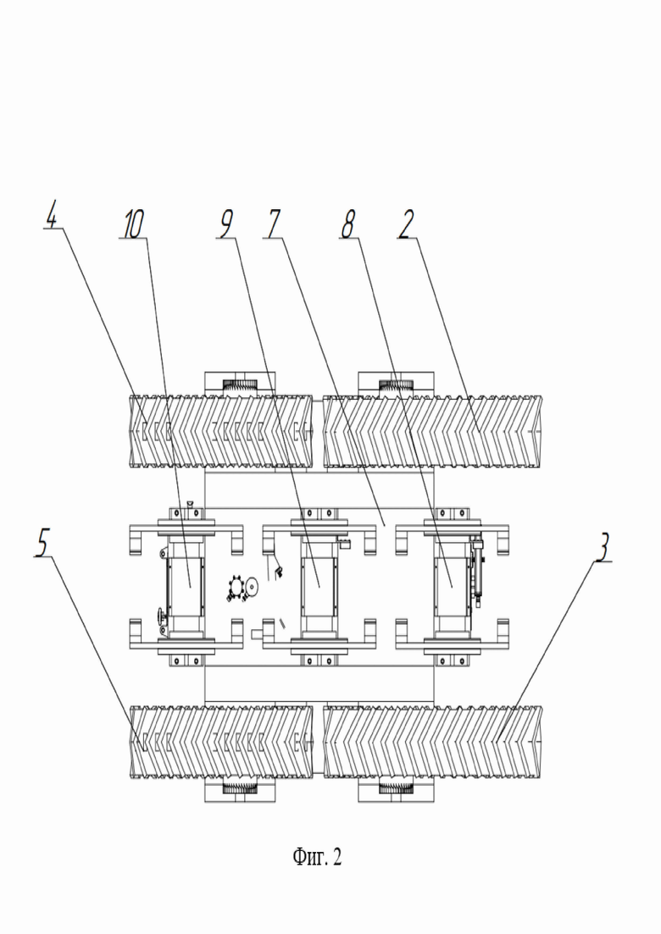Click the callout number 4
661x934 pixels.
[x=53, y=217]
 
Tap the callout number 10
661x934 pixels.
[x=134, y=224]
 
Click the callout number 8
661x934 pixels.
[x=347, y=225]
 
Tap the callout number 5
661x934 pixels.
[x=42, y=544]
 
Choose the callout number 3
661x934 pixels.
[x=604, y=548]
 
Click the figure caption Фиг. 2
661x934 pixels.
[x=317, y=857]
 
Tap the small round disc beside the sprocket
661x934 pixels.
[x=253, y=589]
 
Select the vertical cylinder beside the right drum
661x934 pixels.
[x=477, y=572]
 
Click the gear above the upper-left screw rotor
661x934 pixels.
[x=240, y=385]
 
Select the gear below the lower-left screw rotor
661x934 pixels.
[x=240, y=788]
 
